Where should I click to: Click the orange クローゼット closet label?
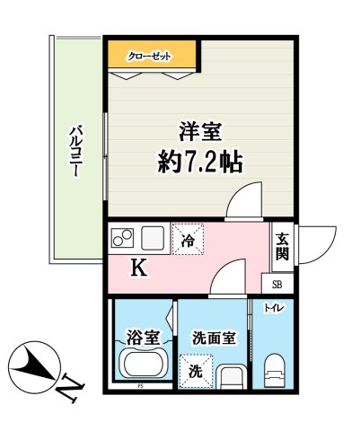[x=149, y=56]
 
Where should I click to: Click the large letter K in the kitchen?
[x=139, y=268]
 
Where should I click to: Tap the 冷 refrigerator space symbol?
[x=189, y=240]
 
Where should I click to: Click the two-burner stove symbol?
[x=123, y=239]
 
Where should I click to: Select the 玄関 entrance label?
[x=282, y=245]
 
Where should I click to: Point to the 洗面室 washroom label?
[x=214, y=339]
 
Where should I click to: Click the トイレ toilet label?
[x=272, y=309]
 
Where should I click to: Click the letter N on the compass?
[x=66, y=389]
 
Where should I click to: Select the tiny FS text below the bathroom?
[x=140, y=388]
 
